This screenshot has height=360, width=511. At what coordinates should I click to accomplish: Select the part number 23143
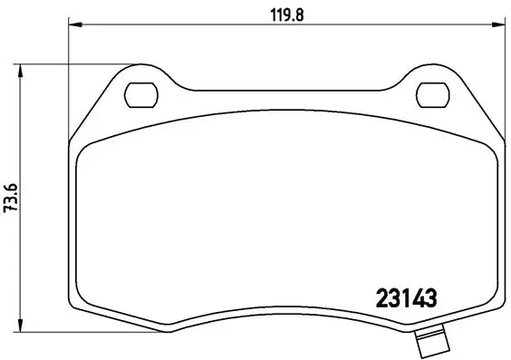(x=407, y=297)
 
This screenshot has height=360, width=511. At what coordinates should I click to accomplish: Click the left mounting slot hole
(x=140, y=92)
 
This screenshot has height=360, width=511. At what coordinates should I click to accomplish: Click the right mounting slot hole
(x=436, y=92)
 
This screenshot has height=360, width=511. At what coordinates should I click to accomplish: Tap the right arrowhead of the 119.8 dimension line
(x=502, y=24)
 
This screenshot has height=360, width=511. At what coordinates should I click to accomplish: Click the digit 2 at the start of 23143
(x=381, y=297)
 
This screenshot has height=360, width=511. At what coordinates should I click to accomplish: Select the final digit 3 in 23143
(x=432, y=297)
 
